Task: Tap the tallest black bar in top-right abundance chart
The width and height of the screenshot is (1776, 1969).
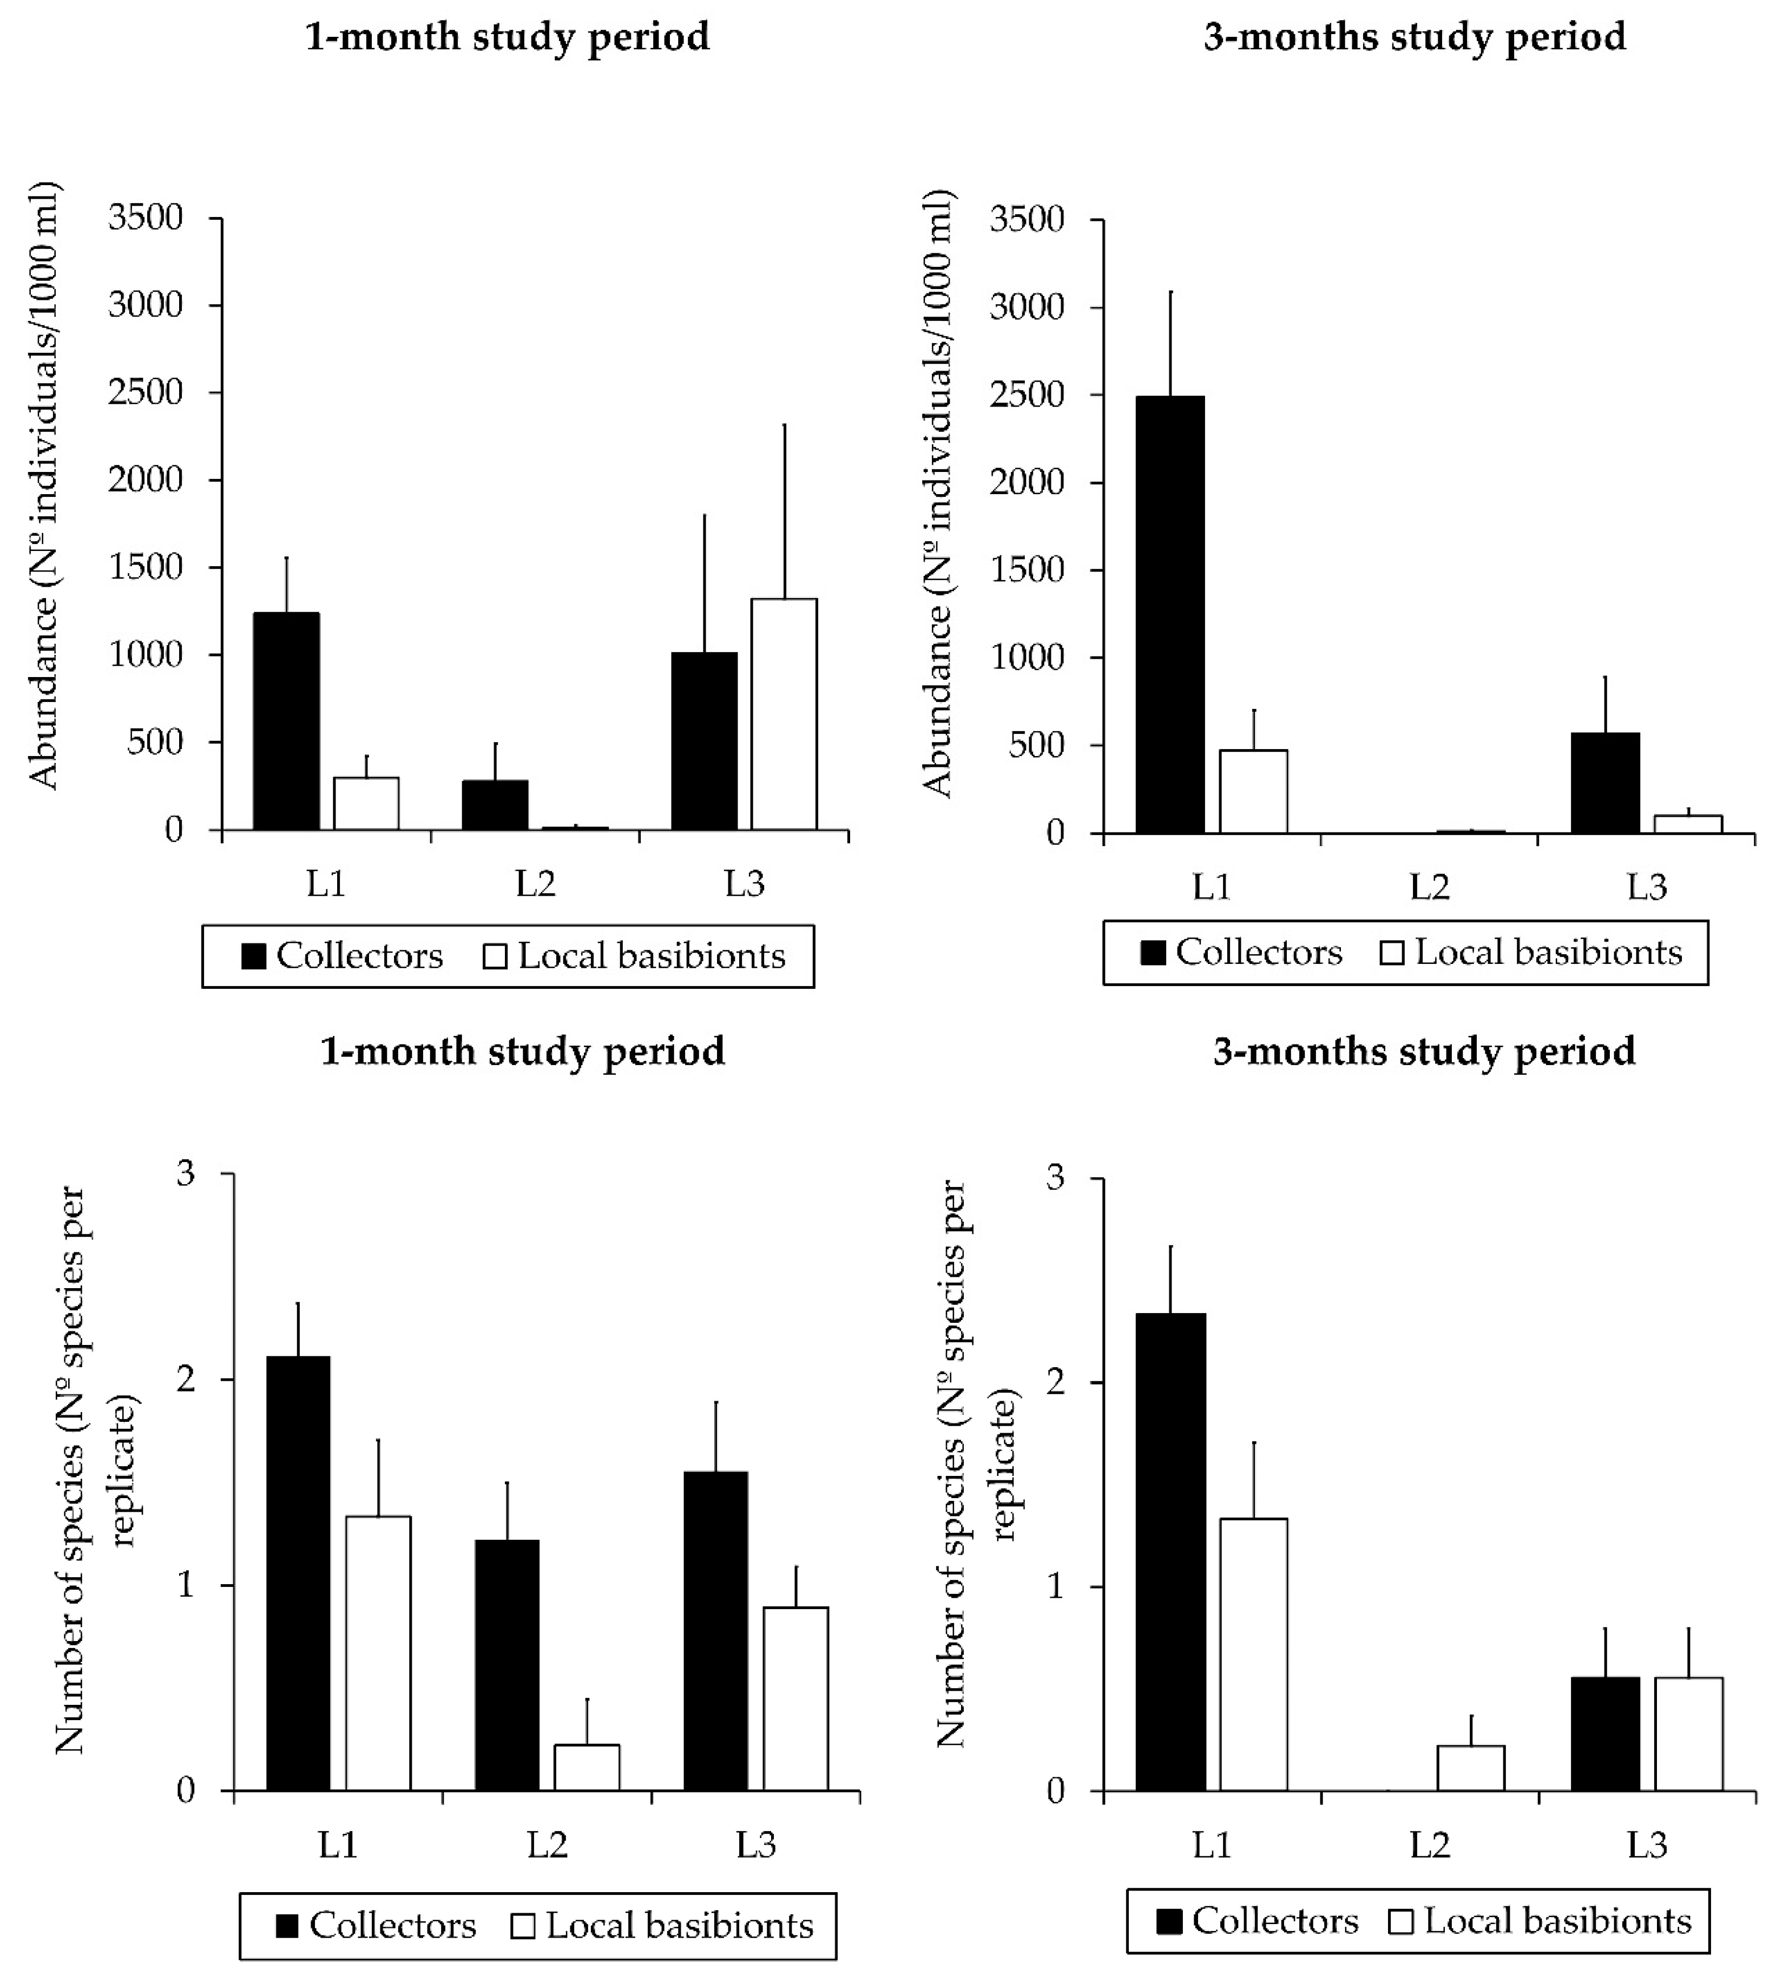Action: [1170, 614]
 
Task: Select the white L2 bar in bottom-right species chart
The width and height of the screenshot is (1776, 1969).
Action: [1471, 1767]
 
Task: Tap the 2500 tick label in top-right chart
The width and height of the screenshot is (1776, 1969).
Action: [1027, 395]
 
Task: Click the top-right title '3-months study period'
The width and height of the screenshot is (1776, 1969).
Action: [1414, 37]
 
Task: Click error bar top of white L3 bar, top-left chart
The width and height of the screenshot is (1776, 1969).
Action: [784, 425]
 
